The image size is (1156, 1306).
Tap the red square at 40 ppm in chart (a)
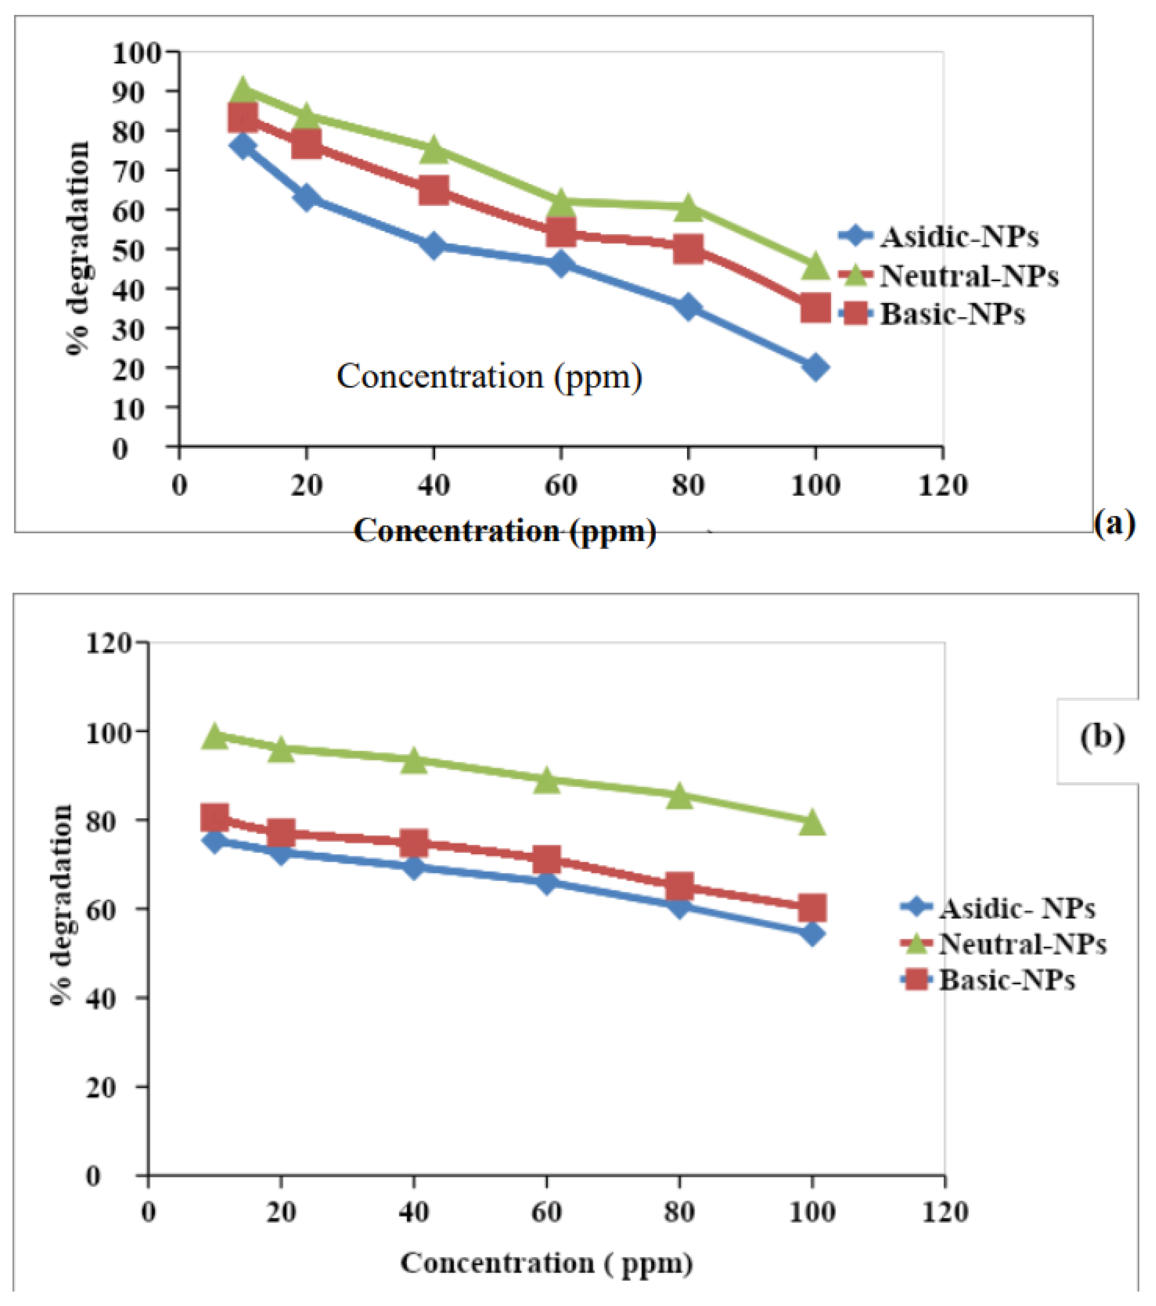[434, 190]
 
